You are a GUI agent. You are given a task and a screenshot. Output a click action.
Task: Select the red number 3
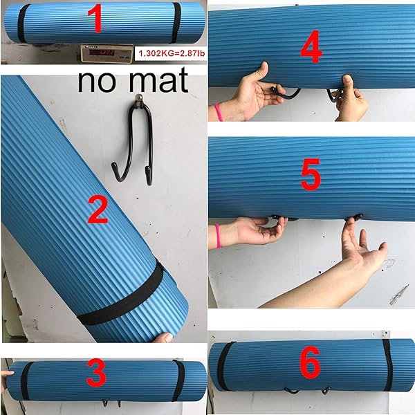(96, 374)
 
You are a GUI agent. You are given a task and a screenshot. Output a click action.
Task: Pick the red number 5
(311, 176)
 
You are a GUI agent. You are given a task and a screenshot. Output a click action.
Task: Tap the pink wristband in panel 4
(219, 111)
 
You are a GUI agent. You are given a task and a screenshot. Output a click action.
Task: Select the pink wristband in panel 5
(219, 235)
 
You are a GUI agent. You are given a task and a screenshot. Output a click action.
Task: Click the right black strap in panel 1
(176, 22)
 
